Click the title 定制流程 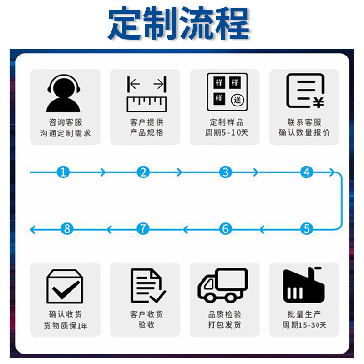pyautogui.click(x=178, y=23)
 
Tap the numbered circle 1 pyautogui.click(x=64, y=172)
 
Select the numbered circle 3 pyautogui.click(x=225, y=172)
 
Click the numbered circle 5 pyautogui.click(x=307, y=228)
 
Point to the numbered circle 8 pyautogui.click(x=67, y=228)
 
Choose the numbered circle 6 pyautogui.click(x=225, y=228)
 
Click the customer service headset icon pyautogui.click(x=63, y=93)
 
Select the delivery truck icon pyautogui.click(x=223, y=285)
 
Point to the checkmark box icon pyautogui.click(x=65, y=287)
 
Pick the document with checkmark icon pyautogui.click(x=147, y=286)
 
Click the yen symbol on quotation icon pyautogui.click(x=318, y=103)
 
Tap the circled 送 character pyautogui.click(x=237, y=100)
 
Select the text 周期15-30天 pyautogui.click(x=304, y=325)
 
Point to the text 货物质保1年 pyautogui.click(x=65, y=326)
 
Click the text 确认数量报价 pyautogui.click(x=304, y=133)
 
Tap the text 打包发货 pyautogui.click(x=225, y=325)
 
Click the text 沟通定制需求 pyautogui.click(x=65, y=133)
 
